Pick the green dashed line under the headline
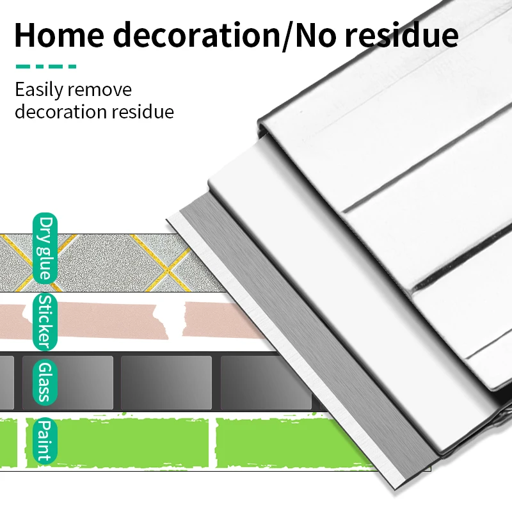click(45, 66)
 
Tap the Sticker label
click(44, 320)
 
